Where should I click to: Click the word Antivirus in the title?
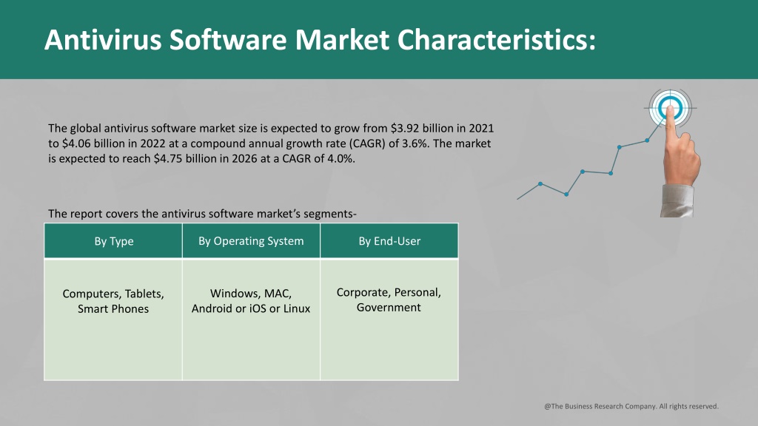(x=103, y=39)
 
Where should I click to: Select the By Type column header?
(x=113, y=241)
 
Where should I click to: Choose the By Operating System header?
(x=251, y=241)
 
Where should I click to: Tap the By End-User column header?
(x=389, y=241)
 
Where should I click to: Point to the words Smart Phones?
(x=113, y=308)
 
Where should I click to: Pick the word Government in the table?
(x=389, y=308)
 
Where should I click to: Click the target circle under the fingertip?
(x=670, y=108)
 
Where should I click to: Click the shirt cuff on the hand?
(x=677, y=200)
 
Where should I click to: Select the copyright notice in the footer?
(x=631, y=406)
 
